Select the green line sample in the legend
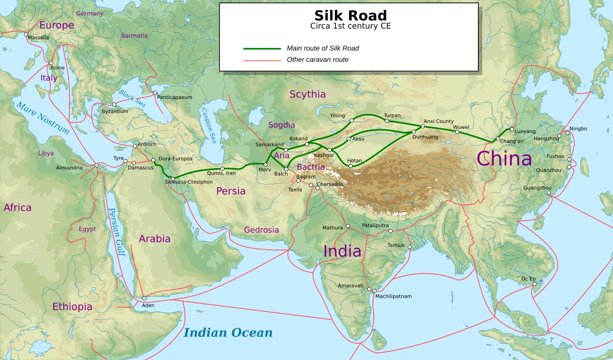(262, 48)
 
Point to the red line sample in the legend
(262, 60)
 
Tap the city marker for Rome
(51, 63)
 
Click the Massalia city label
(38, 38)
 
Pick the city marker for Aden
(144, 298)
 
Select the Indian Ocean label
(228, 333)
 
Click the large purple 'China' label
(504, 158)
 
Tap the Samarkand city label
(269, 145)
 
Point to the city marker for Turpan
(387, 121)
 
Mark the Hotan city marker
(351, 166)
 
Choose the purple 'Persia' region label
(231, 191)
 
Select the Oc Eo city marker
(534, 284)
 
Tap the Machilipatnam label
(393, 296)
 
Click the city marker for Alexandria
(96, 165)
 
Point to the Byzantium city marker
(114, 104)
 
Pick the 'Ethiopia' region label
(72, 307)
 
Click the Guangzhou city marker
(549, 193)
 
